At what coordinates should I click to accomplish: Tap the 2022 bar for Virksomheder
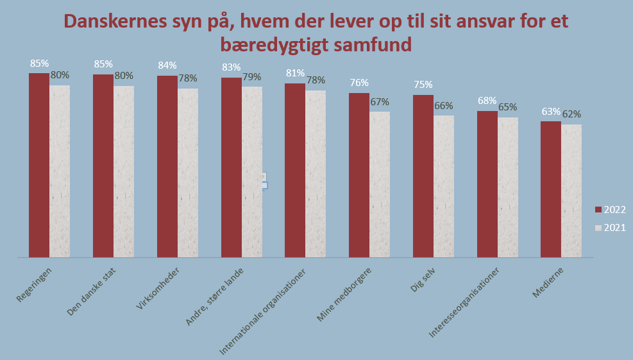[167, 166]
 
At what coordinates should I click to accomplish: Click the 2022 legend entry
[610, 209]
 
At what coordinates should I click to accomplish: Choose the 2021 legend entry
[610, 227]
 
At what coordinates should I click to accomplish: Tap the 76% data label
[359, 83]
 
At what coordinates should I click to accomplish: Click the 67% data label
[380, 101]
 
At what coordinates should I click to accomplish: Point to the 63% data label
[551, 111]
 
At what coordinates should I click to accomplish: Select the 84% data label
[167, 65]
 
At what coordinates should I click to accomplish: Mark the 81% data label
[295, 73]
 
